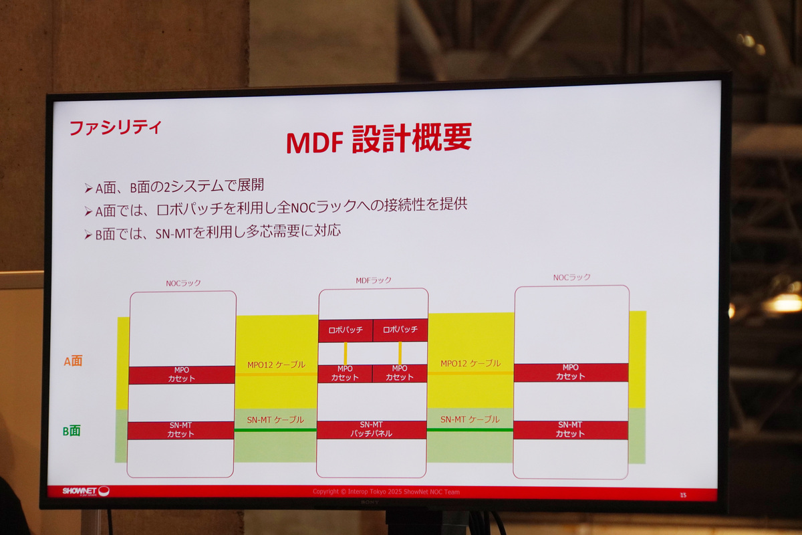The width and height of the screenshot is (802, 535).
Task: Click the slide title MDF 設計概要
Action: (379, 140)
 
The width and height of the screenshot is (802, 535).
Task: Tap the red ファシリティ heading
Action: (116, 127)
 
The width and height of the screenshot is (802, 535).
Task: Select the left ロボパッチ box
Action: (345, 330)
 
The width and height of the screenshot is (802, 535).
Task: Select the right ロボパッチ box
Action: (400, 330)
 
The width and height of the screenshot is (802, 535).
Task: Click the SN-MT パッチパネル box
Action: (372, 429)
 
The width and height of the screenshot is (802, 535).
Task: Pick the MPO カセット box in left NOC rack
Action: (181, 374)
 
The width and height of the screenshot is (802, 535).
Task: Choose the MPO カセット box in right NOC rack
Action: (571, 372)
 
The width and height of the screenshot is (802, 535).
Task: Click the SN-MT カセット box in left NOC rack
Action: (180, 430)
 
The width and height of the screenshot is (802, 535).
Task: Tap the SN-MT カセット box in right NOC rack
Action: (571, 429)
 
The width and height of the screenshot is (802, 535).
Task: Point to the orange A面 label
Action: (73, 361)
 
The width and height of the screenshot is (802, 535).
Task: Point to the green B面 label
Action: (72, 431)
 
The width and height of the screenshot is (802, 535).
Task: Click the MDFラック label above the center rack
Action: (373, 280)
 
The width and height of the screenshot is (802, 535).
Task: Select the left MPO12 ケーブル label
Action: (276, 365)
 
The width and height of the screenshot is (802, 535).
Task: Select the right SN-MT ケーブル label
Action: (470, 419)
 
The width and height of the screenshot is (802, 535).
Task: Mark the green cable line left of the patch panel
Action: (275, 430)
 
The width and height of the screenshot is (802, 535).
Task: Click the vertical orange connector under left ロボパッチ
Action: (346, 353)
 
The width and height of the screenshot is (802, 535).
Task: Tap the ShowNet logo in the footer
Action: (86, 491)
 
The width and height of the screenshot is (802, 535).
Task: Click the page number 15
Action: (683, 495)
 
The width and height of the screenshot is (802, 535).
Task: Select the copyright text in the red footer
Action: (386, 492)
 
